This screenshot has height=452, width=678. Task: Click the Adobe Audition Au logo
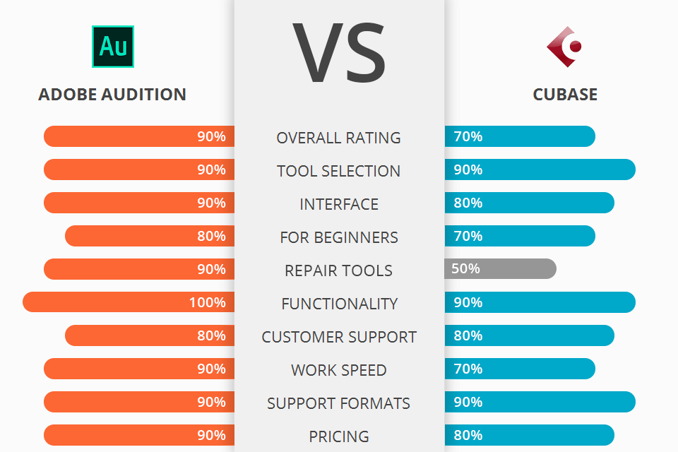click(x=112, y=46)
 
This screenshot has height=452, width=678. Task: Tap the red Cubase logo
click(x=565, y=47)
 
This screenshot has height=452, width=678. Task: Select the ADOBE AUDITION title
click(x=112, y=94)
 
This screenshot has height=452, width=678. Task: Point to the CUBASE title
click(x=565, y=94)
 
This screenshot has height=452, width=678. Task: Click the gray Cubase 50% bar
click(x=500, y=268)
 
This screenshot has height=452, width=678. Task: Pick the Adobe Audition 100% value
click(x=207, y=302)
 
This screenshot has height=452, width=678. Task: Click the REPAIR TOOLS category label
click(x=339, y=270)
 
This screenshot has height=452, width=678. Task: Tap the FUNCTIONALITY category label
click(x=339, y=304)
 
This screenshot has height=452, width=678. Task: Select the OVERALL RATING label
click(x=339, y=138)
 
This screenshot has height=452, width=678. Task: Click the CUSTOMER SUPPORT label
click(x=339, y=337)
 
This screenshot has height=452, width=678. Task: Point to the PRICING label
click(x=339, y=436)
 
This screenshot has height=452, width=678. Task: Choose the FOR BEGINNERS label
click(x=339, y=237)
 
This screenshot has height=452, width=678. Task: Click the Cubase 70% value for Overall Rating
click(x=468, y=136)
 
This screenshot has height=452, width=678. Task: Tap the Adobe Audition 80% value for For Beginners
click(x=211, y=236)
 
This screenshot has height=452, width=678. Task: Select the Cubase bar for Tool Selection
click(x=540, y=169)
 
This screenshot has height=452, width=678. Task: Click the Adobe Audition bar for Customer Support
click(x=149, y=335)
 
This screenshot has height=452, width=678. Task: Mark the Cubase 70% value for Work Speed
click(x=468, y=369)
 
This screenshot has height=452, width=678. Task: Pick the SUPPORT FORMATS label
click(x=339, y=403)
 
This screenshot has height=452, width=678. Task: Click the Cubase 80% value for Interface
click(x=468, y=203)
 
